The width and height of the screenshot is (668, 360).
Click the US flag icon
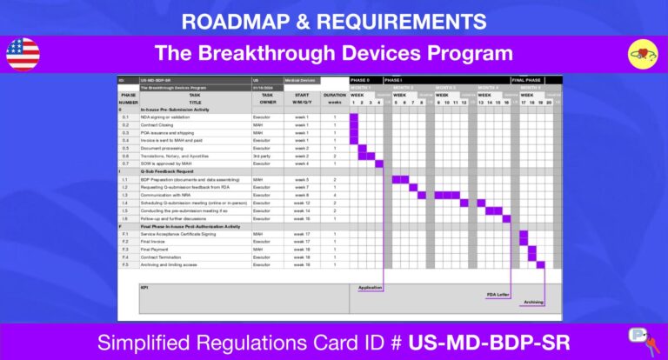point(23,54)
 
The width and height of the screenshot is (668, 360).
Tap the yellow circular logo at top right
point(643,54)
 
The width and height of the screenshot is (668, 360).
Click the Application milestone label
point(370,286)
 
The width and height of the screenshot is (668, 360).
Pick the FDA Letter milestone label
point(498,295)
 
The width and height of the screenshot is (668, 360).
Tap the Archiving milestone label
point(533,303)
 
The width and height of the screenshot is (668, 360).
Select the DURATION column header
point(334,95)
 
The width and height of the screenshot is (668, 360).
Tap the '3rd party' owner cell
point(263,156)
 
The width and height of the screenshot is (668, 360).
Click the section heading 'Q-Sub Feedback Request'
point(174,171)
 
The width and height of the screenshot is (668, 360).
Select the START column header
point(301,95)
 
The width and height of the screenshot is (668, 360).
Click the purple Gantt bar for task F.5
point(541,265)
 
